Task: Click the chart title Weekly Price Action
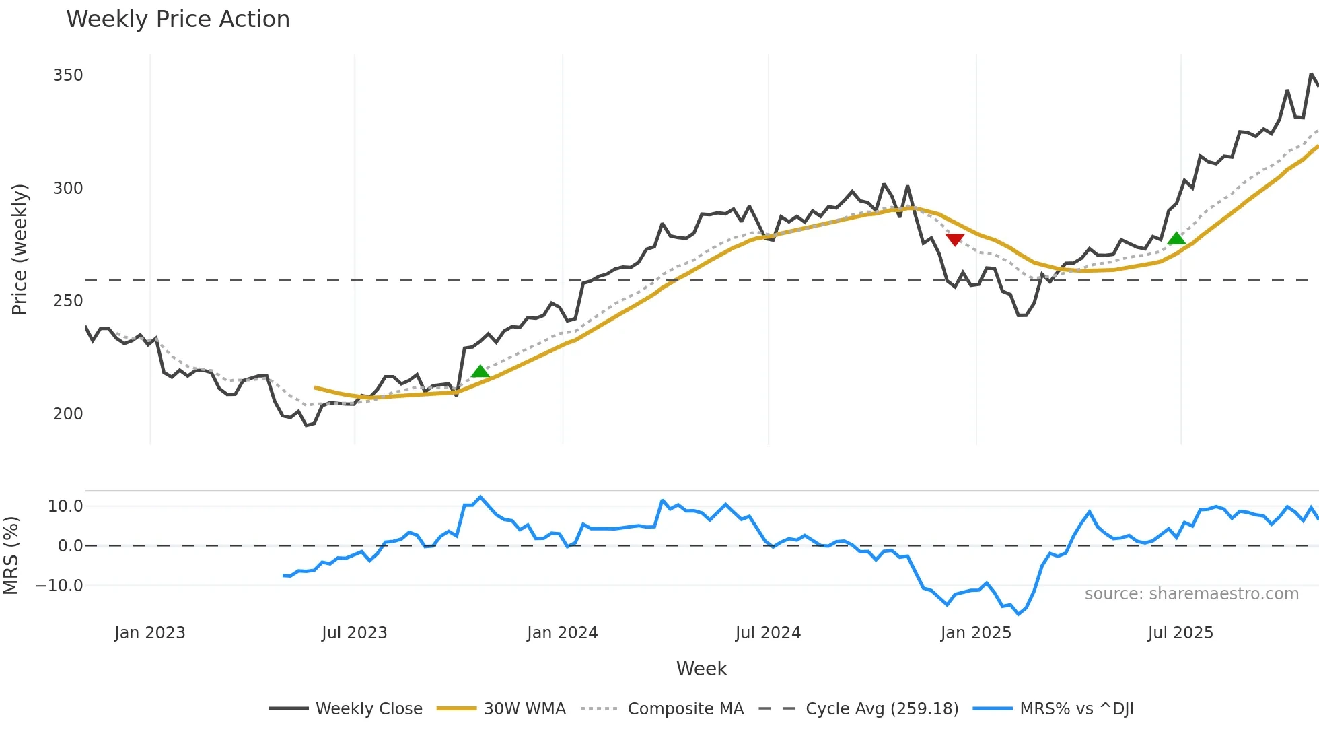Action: tap(178, 20)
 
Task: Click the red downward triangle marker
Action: tap(954, 240)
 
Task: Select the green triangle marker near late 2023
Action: tap(480, 372)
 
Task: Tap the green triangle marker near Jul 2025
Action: tap(1176, 238)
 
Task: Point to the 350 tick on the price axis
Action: tap(68, 75)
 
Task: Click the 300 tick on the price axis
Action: tap(68, 189)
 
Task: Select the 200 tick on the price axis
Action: tap(68, 414)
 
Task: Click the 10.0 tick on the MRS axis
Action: tap(65, 506)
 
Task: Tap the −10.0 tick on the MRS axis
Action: tap(60, 586)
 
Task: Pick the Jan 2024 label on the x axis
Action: tap(562, 633)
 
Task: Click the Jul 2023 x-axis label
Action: tap(354, 633)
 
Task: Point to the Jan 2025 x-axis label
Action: tap(975, 633)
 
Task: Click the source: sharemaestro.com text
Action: tap(1191, 594)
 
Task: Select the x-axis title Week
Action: tap(701, 669)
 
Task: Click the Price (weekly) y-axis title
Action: tap(20, 249)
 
